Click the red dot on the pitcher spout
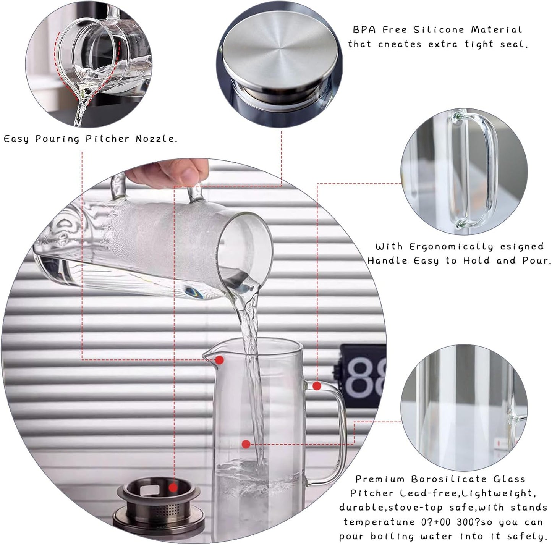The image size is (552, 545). point(219,360)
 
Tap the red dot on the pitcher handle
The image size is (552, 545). point(316,386)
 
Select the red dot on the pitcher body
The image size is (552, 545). point(246,444)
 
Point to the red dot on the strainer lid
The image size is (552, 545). point(173,488)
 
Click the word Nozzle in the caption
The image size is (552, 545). point(156,139)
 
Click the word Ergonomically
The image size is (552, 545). point(451,247)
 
